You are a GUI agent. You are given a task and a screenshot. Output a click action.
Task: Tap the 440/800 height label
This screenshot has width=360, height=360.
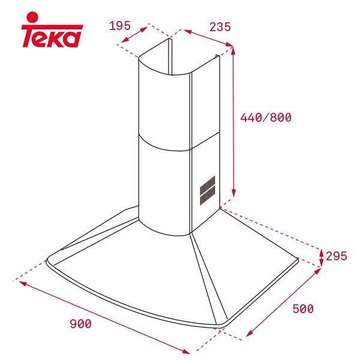266,118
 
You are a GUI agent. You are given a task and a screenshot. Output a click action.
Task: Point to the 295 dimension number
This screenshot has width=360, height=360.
337,256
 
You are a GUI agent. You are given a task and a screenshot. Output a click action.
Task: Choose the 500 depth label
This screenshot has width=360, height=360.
303,309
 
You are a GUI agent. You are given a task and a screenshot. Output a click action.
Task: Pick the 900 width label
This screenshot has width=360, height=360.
80,324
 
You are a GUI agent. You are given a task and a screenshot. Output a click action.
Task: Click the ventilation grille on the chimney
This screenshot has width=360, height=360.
207,189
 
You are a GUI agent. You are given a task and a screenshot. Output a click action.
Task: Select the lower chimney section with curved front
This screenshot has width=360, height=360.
165,180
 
